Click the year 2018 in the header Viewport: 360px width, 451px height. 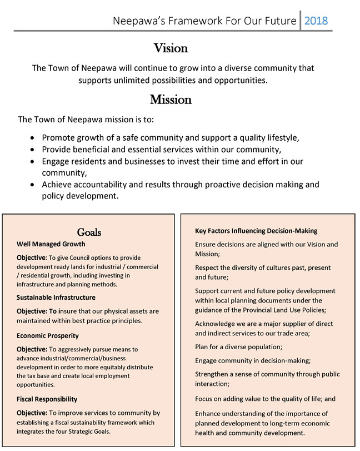(316, 21)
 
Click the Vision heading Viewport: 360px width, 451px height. (171, 48)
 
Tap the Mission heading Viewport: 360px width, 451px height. (171, 100)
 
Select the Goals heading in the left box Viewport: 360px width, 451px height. (89, 232)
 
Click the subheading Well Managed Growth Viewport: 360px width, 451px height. (51, 244)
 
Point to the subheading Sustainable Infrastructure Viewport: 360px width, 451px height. (56, 298)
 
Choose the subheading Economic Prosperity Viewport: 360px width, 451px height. (47, 336)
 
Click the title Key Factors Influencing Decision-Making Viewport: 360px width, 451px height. (256, 231)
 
